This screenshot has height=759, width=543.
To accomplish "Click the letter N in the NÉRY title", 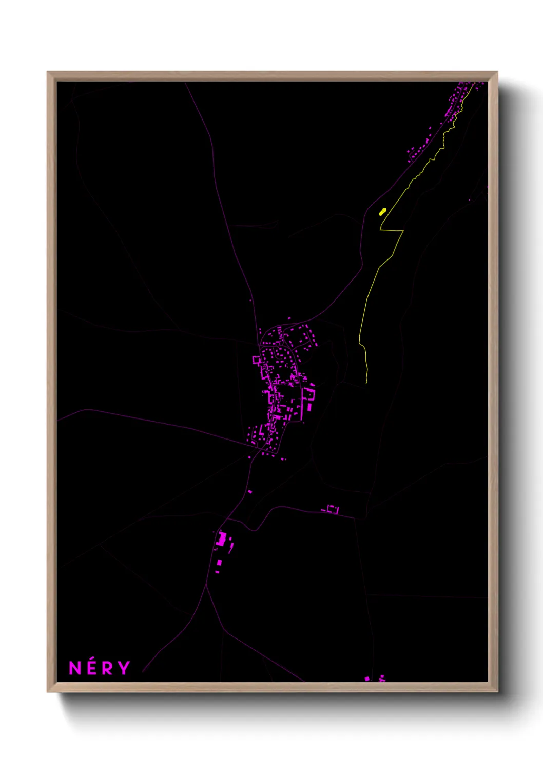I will pyautogui.click(x=75, y=668).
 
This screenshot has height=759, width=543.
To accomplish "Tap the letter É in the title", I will pyautogui.click(x=92, y=668).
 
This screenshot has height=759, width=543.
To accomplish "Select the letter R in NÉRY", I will pyautogui.click(x=107, y=668).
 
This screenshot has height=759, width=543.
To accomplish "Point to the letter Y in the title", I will pyautogui.click(x=124, y=668).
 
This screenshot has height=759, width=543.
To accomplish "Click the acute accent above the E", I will pyautogui.click(x=92, y=660).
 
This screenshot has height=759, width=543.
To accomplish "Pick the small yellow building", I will pyautogui.click(x=382, y=211).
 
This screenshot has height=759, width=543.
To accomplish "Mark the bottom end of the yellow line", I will pyautogui.click(x=366, y=383).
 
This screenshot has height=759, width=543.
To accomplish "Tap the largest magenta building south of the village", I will pyautogui.click(x=222, y=539).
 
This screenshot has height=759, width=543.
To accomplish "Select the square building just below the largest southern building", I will pyautogui.click(x=219, y=563).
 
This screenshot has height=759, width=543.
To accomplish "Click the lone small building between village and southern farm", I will pyautogui.click(x=250, y=492).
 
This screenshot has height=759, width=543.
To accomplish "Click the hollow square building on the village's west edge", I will pyautogui.click(x=257, y=360).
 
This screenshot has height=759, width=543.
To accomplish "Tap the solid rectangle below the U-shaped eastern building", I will pyautogui.click(x=309, y=407).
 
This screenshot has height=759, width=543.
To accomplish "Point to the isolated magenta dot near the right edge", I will pyautogui.click(x=469, y=199).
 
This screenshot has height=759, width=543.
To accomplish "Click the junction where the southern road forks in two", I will pyautogui.click(x=206, y=585).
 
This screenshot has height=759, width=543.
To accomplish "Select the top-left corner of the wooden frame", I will pyautogui.click(x=48, y=72).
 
